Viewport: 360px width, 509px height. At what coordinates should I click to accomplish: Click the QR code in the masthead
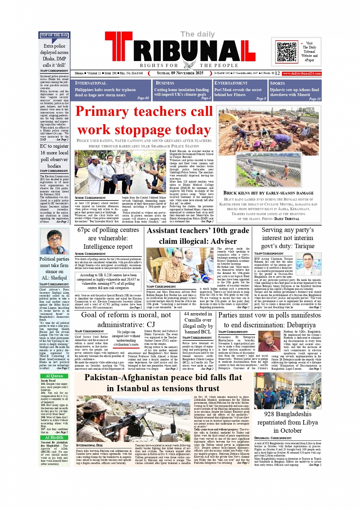(286, 52)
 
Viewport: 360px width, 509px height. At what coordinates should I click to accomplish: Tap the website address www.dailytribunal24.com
(302, 74)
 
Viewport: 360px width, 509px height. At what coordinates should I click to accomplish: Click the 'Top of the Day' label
(54, 35)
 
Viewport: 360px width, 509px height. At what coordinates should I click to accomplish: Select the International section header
(91, 83)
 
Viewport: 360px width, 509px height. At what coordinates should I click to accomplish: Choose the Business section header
(165, 83)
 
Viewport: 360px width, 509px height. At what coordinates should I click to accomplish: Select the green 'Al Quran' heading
(54, 376)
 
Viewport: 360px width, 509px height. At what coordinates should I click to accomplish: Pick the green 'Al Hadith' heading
(54, 437)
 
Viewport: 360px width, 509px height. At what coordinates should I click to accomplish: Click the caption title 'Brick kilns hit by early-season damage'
(268, 193)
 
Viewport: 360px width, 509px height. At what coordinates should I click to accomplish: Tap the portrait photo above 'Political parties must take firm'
(54, 242)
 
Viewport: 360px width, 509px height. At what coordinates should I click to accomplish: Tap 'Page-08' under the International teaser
(143, 98)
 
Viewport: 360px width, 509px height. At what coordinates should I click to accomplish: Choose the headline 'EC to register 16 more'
(54, 156)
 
